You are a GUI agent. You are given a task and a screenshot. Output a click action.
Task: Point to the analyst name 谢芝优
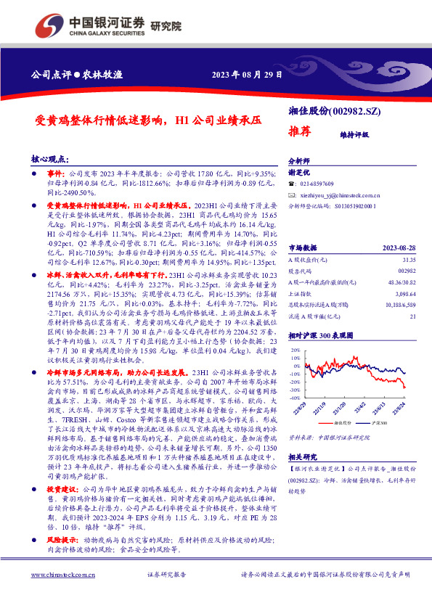(x=299, y=173)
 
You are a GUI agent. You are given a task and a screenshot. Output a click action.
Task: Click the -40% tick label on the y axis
(x=293, y=398)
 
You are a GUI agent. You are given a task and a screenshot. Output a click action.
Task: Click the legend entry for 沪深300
(x=378, y=422)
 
